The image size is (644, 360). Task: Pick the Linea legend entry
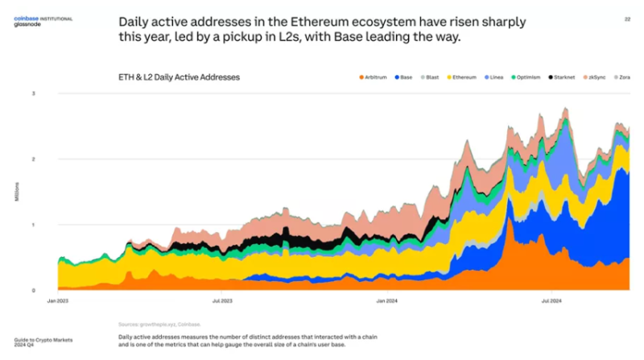pos(500,77)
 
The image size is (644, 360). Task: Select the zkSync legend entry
pos(602,77)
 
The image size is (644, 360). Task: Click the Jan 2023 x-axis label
pos(59,300)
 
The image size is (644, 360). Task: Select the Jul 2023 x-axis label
pos(222,300)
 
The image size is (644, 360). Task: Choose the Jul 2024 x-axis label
pos(551,300)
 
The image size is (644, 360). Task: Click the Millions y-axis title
pos(16,192)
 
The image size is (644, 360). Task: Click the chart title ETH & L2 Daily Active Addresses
pos(179,77)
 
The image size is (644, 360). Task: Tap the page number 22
pos(627,18)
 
